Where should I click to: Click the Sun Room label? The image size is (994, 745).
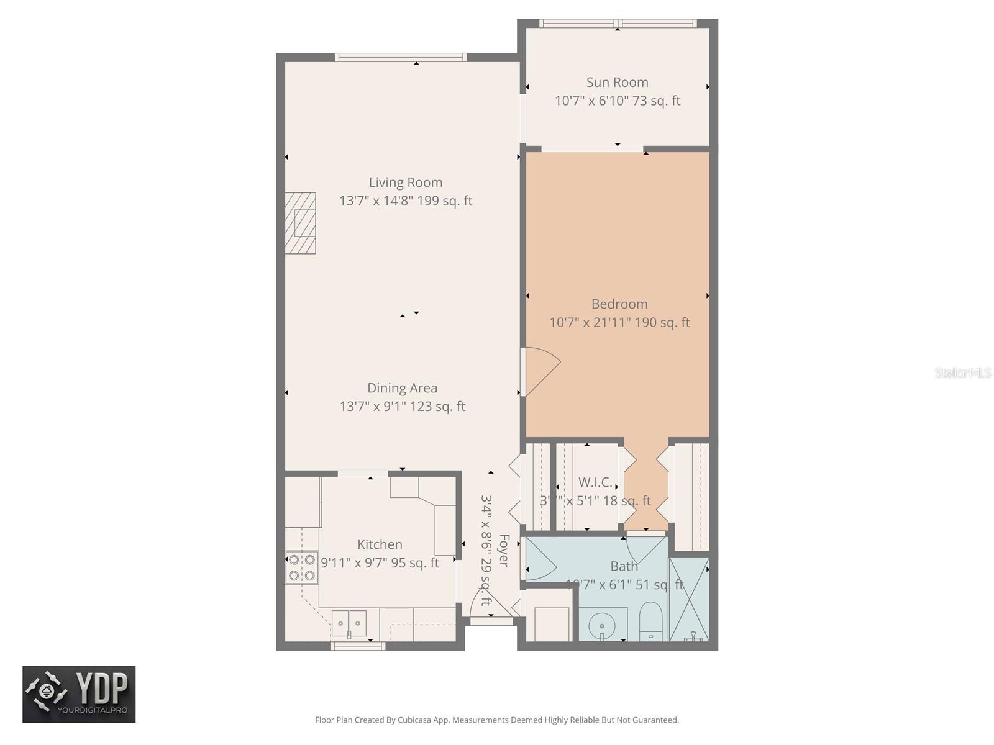[617, 83]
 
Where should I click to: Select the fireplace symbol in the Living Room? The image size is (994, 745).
[301, 223]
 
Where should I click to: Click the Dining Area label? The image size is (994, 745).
[402, 388]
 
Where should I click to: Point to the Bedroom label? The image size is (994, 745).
[619, 304]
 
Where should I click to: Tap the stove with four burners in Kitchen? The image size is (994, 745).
[301, 567]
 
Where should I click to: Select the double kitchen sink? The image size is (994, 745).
[349, 622]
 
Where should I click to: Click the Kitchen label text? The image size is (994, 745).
[380, 544]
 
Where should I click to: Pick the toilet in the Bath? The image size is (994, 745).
[651, 619]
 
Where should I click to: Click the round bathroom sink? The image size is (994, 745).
[601, 623]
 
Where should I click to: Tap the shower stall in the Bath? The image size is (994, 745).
[688, 599]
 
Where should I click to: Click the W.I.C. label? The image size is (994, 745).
[595, 482]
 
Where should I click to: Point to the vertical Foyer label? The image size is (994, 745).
[504, 550]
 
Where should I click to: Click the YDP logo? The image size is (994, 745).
[79, 694]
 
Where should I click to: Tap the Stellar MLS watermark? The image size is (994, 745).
[962, 372]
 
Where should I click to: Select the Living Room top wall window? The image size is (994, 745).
[401, 57]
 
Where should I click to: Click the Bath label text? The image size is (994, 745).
[624, 566]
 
